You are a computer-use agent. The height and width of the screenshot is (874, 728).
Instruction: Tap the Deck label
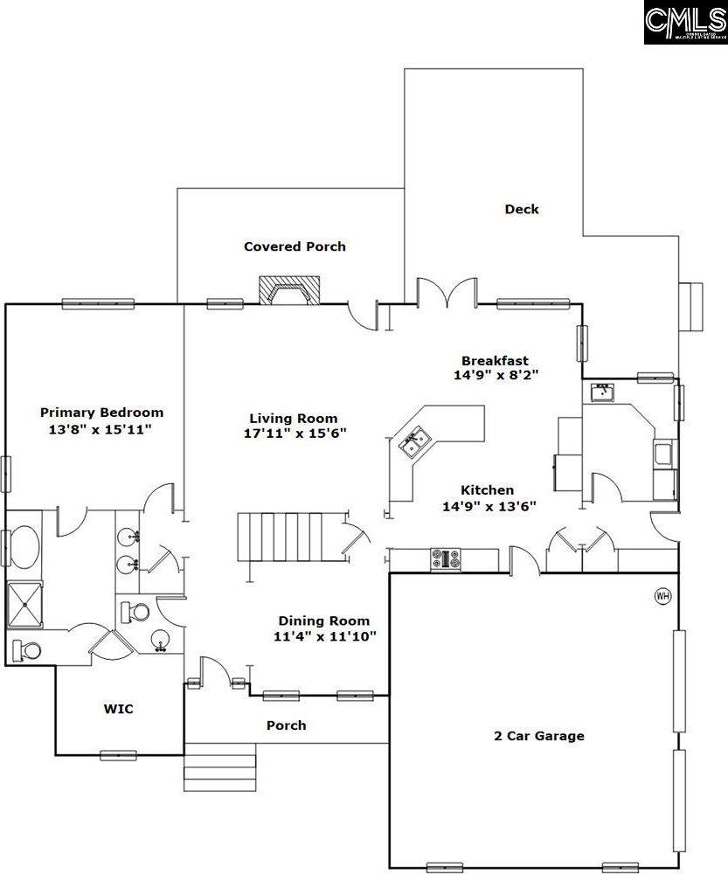point(522,209)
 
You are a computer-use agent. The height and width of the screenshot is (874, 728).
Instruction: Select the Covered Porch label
point(295,246)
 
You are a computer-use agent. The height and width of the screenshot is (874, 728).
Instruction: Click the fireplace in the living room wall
point(292,291)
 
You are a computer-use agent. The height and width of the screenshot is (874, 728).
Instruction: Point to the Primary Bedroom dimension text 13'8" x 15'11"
point(101,430)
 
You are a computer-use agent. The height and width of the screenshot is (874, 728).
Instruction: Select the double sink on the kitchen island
point(413,440)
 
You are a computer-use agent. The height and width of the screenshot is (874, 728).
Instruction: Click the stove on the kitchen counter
point(446,559)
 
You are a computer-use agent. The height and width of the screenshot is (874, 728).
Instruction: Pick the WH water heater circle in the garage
point(662,596)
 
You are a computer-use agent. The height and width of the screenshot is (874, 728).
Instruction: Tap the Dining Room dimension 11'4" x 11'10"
point(324,636)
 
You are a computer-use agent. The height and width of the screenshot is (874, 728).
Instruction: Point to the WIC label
point(118,709)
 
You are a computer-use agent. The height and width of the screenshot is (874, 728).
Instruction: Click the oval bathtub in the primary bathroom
point(25,547)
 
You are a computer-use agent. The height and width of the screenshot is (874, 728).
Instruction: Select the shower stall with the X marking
point(24,605)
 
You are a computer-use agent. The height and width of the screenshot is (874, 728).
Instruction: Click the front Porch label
point(286,725)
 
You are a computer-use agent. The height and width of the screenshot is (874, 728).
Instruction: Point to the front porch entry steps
point(219,767)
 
